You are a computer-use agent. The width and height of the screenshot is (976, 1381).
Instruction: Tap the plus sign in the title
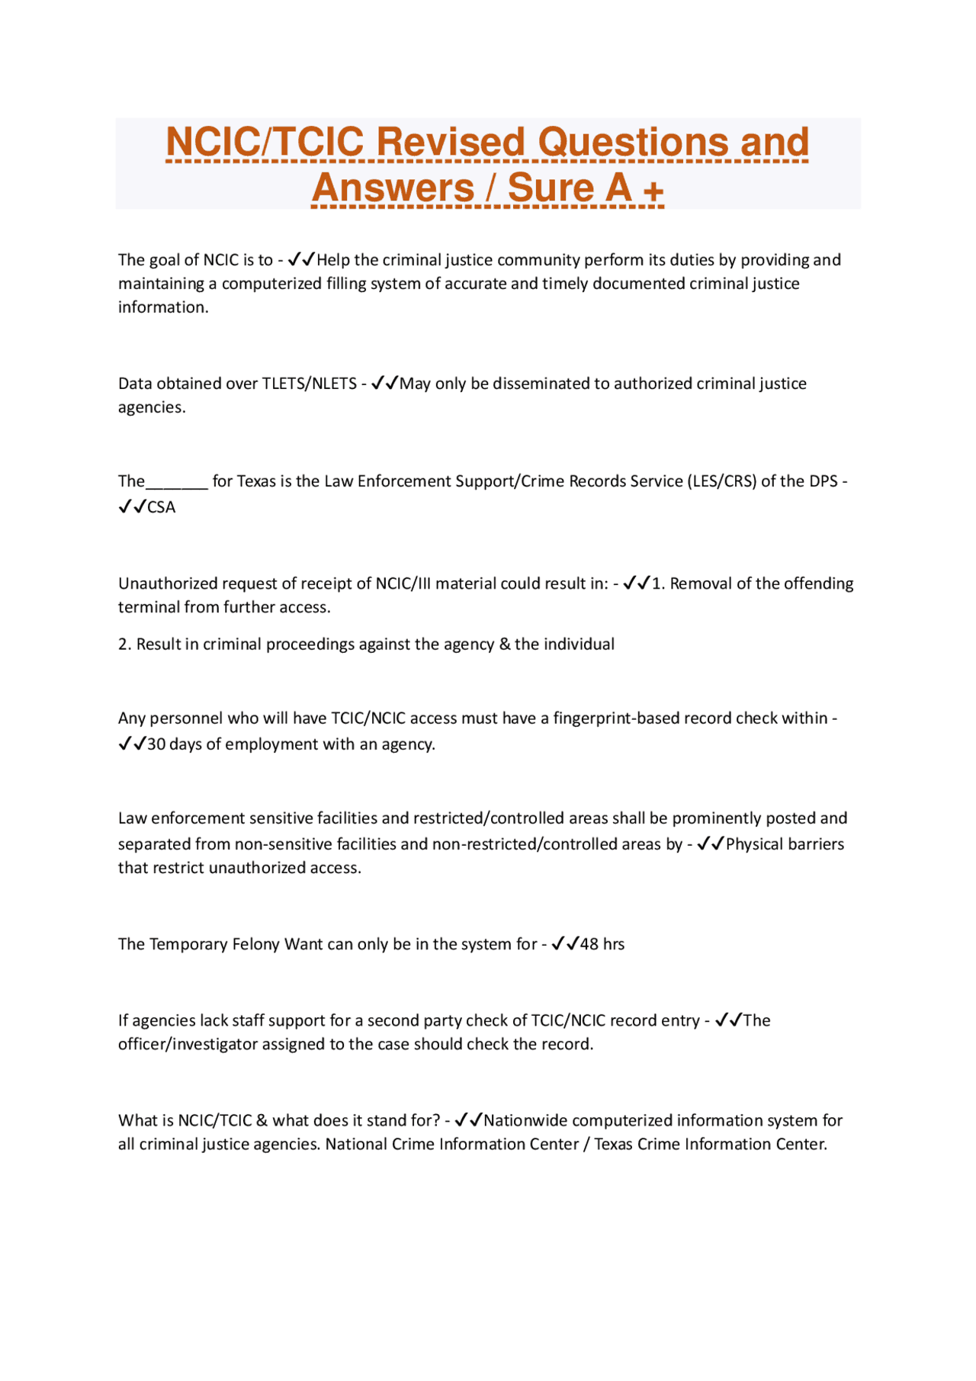[653, 190]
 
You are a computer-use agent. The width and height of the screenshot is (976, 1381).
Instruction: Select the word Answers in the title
[393, 188]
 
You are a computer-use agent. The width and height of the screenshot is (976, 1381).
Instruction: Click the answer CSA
[161, 508]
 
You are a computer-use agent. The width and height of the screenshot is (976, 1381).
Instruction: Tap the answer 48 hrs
[602, 944]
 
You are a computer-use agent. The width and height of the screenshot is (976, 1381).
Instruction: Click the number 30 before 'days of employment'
[156, 744]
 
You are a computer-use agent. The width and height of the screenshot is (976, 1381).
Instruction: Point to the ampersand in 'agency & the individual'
[505, 644]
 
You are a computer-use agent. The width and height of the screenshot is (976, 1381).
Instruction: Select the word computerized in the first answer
[271, 284]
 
